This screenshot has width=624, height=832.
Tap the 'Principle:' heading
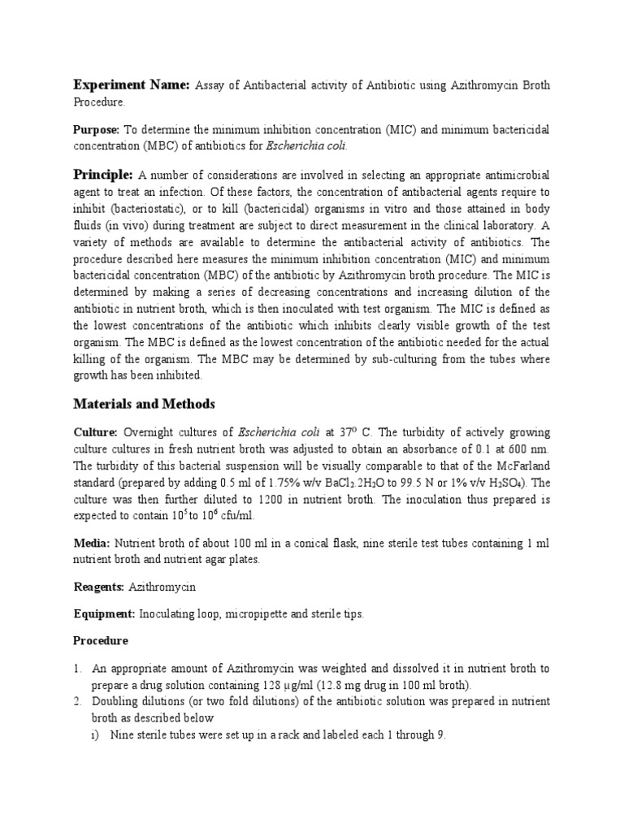click(x=104, y=175)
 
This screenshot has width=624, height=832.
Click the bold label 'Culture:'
click(x=97, y=432)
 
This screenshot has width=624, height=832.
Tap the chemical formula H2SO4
click(x=508, y=481)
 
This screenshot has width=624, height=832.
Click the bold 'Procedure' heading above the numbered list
click(x=102, y=641)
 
